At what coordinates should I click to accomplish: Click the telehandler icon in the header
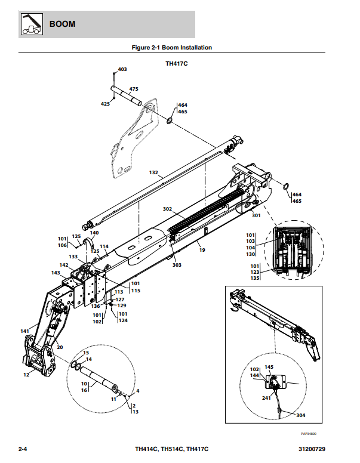32,24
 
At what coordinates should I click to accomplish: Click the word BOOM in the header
62,24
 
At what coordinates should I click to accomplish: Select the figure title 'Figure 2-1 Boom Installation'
172,48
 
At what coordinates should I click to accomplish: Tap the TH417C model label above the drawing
177,63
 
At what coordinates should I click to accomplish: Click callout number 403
122,69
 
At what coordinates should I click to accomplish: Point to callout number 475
134,89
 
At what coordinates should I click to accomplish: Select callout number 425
105,104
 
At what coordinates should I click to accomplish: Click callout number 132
153,172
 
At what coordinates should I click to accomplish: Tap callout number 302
167,209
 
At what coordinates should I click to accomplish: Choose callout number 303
177,265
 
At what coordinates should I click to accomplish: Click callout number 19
202,250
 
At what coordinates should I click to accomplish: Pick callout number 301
256,215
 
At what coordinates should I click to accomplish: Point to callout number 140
94,233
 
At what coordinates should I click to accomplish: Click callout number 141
25,331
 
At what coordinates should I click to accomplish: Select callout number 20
60,347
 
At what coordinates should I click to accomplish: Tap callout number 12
26,375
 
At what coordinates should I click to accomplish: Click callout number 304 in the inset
300,415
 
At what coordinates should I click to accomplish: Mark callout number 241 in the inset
266,398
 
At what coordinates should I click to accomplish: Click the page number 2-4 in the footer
23,449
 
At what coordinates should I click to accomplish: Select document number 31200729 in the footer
312,449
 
